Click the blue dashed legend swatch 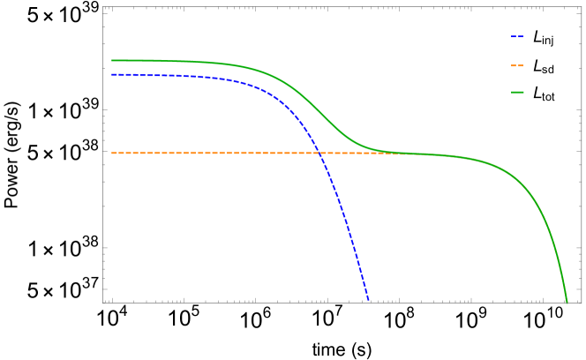(517, 37)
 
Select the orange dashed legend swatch (517, 65)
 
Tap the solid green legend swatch (517, 92)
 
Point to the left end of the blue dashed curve (112, 75)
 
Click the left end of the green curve (112, 60)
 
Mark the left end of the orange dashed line (112, 153)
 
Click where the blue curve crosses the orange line (319, 153)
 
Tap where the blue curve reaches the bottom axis (368, 301)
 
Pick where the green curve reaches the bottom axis (567, 301)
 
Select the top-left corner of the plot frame (103, 7)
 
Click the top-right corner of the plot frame (581, 7)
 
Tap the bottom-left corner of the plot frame (103, 302)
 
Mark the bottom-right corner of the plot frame (581, 302)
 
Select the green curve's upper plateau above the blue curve (177, 61)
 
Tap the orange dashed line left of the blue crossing (212, 153)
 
